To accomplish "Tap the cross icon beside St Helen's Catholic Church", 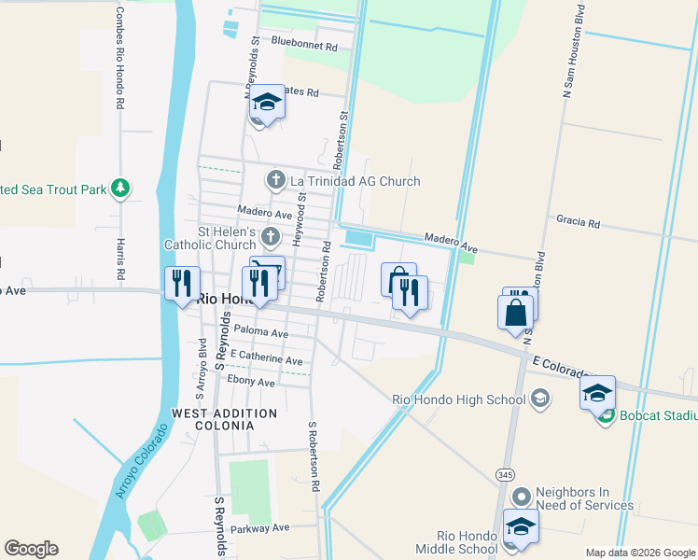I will [x=271, y=235].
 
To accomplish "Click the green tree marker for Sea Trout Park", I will [x=119, y=189].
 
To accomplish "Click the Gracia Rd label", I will [x=577, y=225].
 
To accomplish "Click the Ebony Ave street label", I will [x=251, y=382].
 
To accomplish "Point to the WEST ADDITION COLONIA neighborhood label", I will [x=224, y=419].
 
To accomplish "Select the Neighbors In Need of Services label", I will [x=584, y=499].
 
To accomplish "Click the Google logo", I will [x=31, y=549].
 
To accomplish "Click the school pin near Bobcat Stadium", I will [x=597, y=393].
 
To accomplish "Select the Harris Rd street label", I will [x=120, y=259].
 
